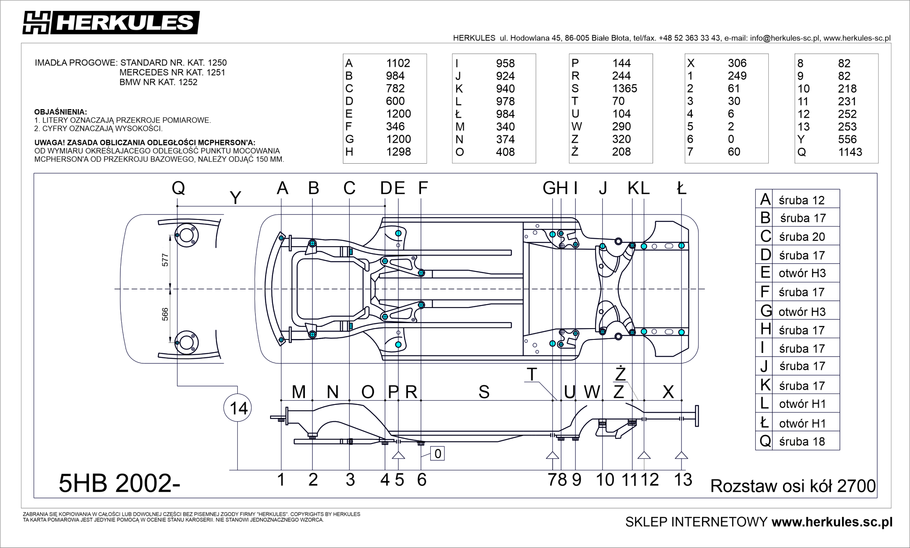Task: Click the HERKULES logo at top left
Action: (x=111, y=22)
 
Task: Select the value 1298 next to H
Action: (x=398, y=152)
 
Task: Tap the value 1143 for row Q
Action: (x=850, y=152)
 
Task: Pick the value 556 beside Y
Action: (x=847, y=139)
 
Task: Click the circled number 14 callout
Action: (x=238, y=408)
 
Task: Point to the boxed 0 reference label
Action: (x=437, y=454)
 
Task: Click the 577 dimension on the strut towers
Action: (x=165, y=260)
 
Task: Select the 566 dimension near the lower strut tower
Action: (x=165, y=314)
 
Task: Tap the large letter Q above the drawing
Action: (x=178, y=188)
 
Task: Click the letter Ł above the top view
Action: (x=681, y=188)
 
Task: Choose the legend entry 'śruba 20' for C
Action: (x=801, y=237)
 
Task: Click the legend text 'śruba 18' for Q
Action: (x=801, y=441)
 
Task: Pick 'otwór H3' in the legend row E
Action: (x=802, y=273)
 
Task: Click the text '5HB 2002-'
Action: (x=120, y=483)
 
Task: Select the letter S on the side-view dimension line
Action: (x=484, y=392)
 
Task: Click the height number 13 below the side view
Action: (x=683, y=480)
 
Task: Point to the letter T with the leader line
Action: (x=532, y=374)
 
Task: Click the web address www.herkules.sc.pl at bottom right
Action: (x=832, y=522)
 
